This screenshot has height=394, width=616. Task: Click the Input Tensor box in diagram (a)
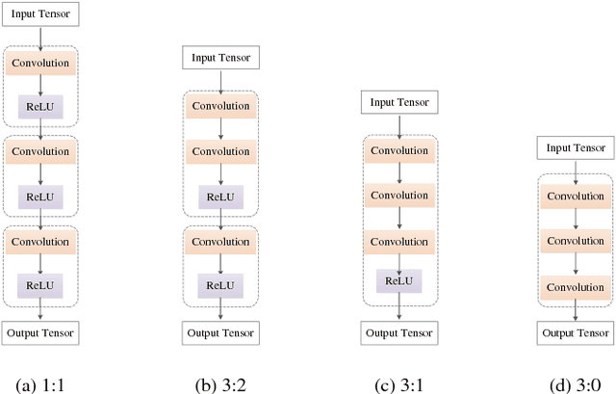click(40, 14)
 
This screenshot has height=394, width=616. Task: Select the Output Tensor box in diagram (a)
click(40, 332)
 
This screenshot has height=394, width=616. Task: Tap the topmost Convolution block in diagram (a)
click(40, 64)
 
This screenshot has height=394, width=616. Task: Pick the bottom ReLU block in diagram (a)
click(40, 285)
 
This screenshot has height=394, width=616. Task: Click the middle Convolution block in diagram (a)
click(40, 152)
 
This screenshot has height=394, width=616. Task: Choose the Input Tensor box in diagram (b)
click(220, 58)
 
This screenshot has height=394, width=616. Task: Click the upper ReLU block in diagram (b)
click(220, 197)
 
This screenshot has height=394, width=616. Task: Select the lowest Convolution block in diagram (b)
click(220, 241)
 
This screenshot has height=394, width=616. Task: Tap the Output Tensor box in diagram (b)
click(220, 332)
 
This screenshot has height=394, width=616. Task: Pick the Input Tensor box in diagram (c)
click(399, 102)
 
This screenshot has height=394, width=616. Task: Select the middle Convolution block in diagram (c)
click(399, 196)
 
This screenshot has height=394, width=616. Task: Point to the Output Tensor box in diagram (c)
click(399, 332)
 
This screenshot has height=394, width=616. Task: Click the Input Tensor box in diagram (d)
click(575, 147)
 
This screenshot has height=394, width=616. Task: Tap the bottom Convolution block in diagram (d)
click(575, 286)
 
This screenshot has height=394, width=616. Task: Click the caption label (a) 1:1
click(40, 384)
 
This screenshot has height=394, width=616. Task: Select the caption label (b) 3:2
click(220, 384)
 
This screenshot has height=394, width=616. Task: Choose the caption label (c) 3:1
click(399, 384)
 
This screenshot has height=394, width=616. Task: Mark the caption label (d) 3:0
click(576, 384)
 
